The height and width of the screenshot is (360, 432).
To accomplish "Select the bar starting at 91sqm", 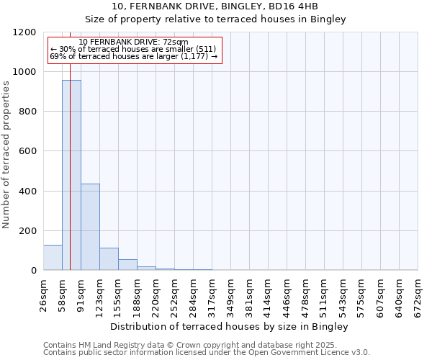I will coord(90,227).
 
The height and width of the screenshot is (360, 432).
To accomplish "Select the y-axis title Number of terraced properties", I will coord(6,155).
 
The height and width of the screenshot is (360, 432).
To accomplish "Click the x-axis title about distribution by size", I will coord(230,326).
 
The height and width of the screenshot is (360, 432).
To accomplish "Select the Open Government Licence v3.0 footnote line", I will coord(207,353).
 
